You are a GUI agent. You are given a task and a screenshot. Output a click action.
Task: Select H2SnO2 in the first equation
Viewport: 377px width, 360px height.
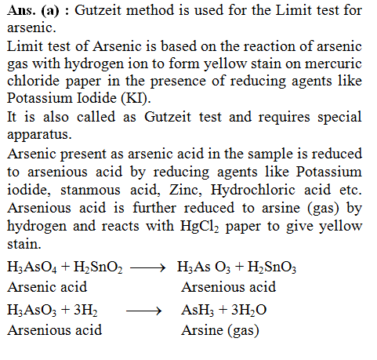click(96, 268)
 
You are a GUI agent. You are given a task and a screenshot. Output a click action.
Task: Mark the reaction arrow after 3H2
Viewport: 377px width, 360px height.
click(144, 311)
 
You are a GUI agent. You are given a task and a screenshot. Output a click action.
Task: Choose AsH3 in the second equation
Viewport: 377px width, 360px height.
click(194, 311)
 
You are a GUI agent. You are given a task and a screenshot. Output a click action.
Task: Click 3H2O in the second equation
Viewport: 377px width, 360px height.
click(247, 311)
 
